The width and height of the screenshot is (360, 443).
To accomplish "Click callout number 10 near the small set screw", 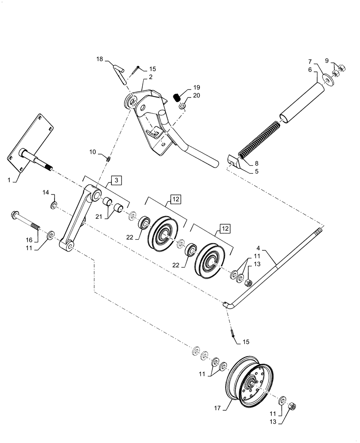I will (x=93, y=152).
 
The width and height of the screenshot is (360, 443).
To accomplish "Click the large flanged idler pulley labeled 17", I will (x=250, y=381).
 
